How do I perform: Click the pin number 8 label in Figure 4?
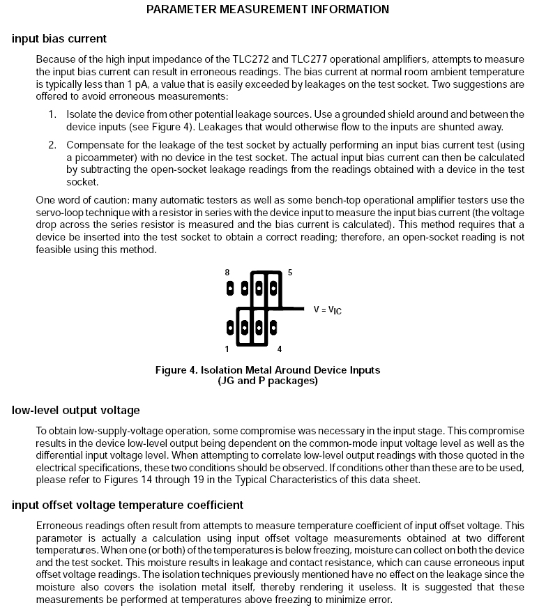point(227,272)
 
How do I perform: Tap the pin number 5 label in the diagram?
point(289,272)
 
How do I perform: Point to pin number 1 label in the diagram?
point(227,349)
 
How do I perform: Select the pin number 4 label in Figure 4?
point(280,349)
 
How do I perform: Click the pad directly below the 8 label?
point(229,287)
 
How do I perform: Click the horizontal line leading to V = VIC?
point(293,308)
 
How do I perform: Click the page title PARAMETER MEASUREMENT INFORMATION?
point(268,10)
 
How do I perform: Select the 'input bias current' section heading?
point(59,38)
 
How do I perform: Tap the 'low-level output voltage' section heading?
point(76,410)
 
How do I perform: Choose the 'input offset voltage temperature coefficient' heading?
point(128,505)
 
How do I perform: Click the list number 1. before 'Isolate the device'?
point(52,114)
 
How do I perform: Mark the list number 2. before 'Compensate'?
point(52,145)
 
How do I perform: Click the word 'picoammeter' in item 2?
point(91,158)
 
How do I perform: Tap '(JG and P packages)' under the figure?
point(268,381)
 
